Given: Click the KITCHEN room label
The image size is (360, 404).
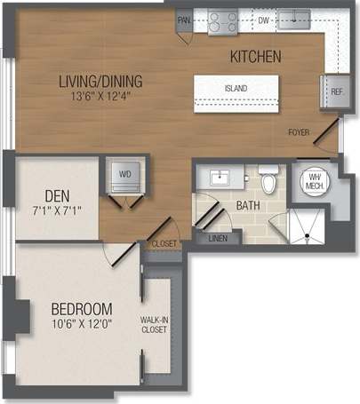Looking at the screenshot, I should [x=255, y=57].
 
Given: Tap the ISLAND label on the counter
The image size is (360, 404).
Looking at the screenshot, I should [x=236, y=88].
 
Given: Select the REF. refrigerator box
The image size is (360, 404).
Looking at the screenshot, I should [x=337, y=91].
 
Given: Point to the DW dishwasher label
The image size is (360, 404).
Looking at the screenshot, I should [x=263, y=19].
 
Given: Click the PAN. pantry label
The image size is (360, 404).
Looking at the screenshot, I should [x=184, y=20].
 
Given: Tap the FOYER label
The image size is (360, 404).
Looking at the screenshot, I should [x=299, y=133].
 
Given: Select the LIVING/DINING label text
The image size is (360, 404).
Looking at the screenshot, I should [x=100, y=81].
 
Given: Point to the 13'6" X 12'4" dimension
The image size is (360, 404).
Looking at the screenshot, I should [x=100, y=96].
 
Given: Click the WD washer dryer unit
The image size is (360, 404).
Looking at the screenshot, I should [x=124, y=175].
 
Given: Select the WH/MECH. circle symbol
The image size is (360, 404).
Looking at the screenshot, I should [x=314, y=181].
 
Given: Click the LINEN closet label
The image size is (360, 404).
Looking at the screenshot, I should [x=218, y=239].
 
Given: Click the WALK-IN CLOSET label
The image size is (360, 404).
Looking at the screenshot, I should [x=156, y=326].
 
